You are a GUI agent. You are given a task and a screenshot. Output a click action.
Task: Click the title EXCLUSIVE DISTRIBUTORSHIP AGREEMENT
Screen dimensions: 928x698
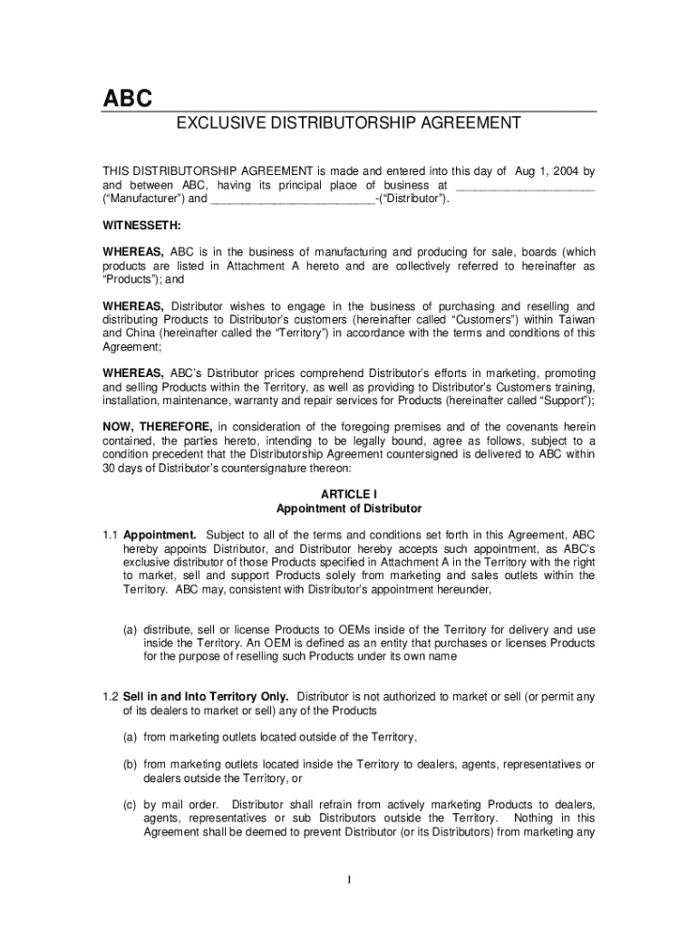(x=349, y=123)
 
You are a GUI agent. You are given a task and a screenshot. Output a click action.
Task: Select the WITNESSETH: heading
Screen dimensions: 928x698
(x=141, y=224)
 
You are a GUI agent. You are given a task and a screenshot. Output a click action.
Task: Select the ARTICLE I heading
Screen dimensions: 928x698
(x=349, y=494)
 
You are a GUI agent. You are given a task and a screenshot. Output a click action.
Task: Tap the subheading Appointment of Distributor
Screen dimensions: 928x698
(x=349, y=508)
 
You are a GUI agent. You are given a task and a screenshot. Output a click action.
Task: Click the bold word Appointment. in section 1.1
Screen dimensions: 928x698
(x=160, y=535)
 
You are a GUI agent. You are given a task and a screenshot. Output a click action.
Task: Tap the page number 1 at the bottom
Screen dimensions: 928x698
(x=349, y=880)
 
